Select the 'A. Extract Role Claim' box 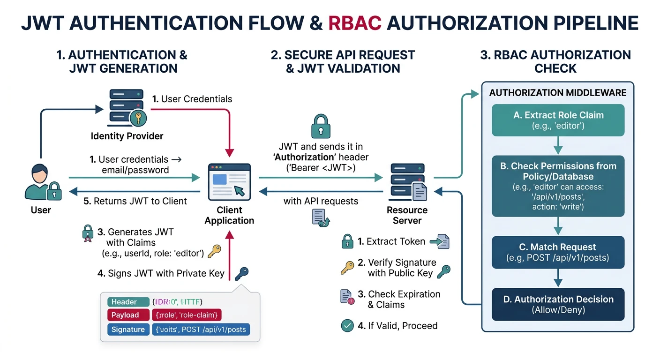pos(558,120)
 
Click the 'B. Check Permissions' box pos(558,186)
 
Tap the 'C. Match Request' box pos(558,252)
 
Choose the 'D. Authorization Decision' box pos(558,304)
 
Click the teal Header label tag pos(124,302)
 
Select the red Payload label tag pos(124,315)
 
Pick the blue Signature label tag pos(127,329)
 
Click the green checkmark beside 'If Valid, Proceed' pos(347,325)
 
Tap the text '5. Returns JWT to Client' pos(135,201)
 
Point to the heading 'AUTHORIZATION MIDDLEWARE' pos(558,93)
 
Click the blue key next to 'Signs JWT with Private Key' pos(241,273)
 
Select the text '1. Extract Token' pos(391,241)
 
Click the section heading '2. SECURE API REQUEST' pos(343,55)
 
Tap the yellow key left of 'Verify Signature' pos(347,268)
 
